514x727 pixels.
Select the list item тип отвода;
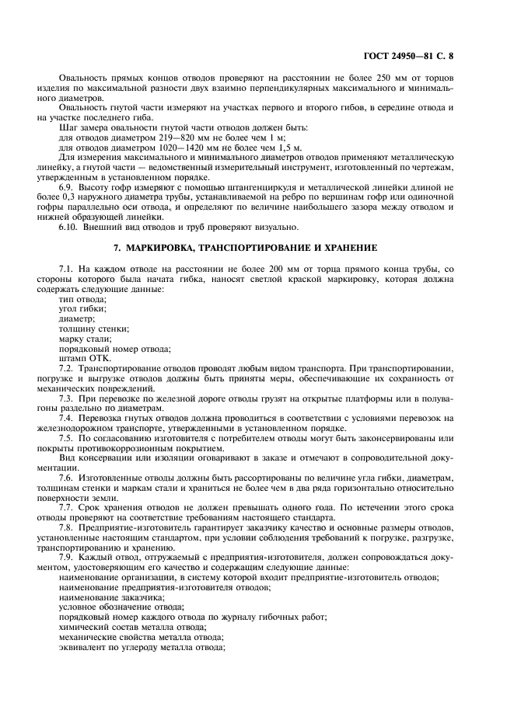point(83,298)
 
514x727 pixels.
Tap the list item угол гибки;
point(83,308)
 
